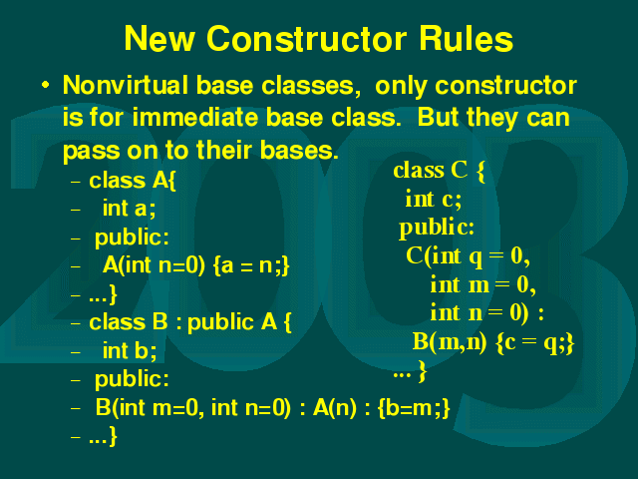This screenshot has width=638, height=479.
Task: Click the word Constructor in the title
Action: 306,38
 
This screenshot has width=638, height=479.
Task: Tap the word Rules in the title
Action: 467,38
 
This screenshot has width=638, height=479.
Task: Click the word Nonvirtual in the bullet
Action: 126,85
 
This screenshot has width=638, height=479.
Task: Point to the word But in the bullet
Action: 439,118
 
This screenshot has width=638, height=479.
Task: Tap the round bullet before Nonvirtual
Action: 46,85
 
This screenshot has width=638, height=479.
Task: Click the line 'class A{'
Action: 133,180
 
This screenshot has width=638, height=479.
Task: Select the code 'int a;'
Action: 129,209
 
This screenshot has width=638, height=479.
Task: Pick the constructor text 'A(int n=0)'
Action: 154,265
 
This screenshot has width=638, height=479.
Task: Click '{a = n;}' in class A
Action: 251,265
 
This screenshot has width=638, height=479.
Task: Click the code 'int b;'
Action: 130,350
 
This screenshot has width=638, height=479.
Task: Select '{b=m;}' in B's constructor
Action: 414,408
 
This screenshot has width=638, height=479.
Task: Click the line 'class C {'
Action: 439,171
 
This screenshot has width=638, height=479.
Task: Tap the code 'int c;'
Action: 434,200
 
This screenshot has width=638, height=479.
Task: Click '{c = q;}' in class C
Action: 535,342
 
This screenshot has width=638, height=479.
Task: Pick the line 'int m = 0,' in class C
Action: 482,284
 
